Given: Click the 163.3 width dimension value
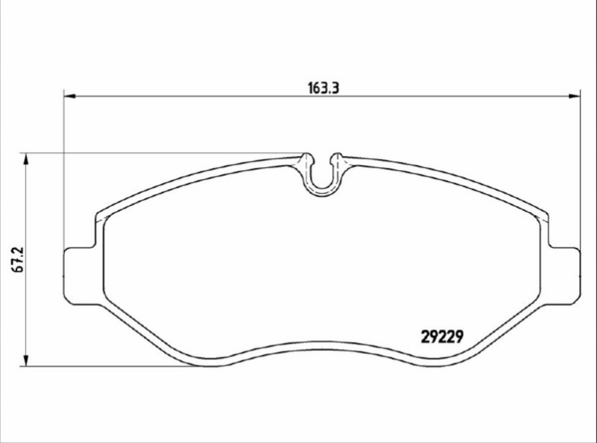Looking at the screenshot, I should tap(323, 88).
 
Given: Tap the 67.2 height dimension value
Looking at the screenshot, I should tap(18, 259).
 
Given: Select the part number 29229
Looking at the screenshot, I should tap(441, 337).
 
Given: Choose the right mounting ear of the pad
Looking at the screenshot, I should tap(564, 275).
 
